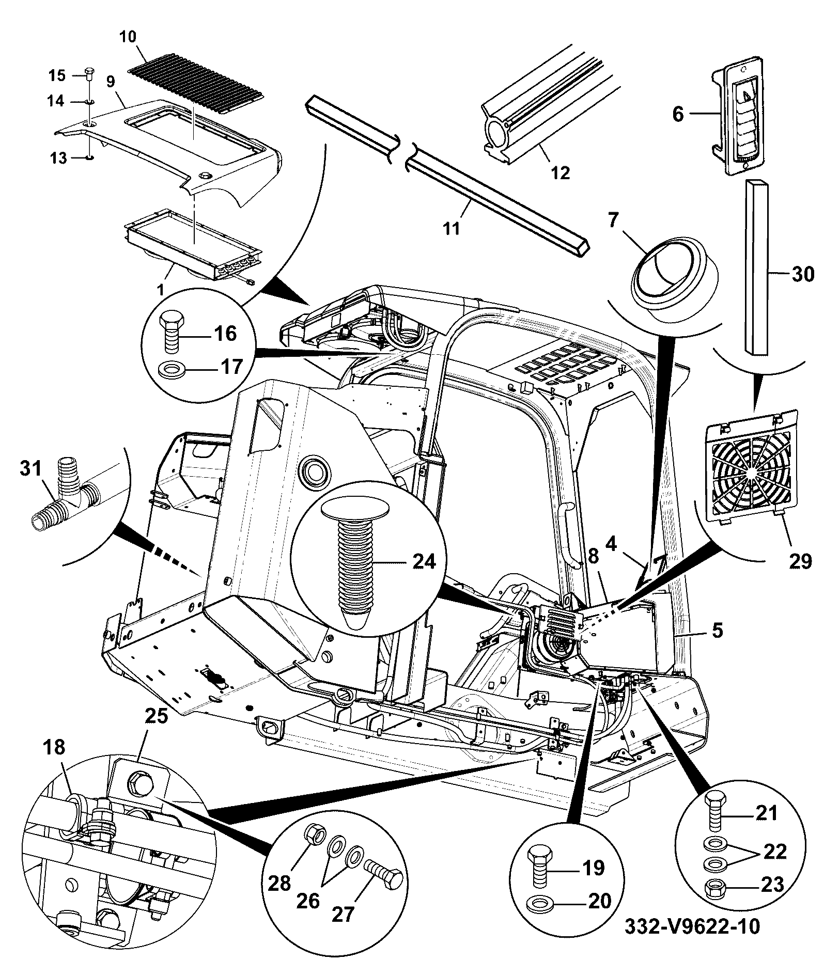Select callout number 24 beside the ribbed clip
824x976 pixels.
tap(424, 561)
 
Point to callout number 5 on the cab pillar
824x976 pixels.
tap(718, 630)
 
